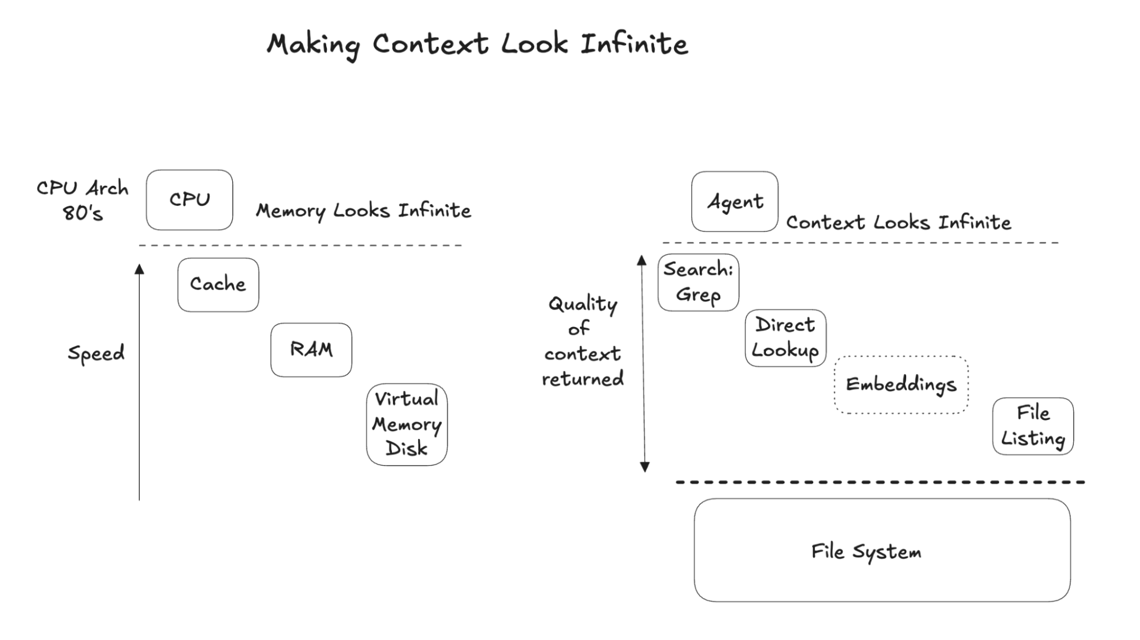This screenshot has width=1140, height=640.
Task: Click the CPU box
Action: point(189,200)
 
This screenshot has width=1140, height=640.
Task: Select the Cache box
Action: point(218,284)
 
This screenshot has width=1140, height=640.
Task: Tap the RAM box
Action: point(311,349)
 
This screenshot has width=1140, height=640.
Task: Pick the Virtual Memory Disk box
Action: point(407,424)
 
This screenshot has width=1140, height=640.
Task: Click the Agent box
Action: point(735,202)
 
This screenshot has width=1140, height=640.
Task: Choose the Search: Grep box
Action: point(698,282)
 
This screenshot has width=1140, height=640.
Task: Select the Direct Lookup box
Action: point(785,338)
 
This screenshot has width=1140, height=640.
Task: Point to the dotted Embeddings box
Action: point(901,385)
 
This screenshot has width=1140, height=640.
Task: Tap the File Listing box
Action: point(1033,426)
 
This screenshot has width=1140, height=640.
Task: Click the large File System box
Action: point(882,550)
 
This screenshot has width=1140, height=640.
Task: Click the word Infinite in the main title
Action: point(634,44)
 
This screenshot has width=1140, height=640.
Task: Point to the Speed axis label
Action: point(96,353)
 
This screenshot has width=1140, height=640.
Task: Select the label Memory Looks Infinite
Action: point(363,211)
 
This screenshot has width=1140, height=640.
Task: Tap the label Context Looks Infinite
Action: point(898,222)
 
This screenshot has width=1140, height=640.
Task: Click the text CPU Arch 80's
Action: point(83,200)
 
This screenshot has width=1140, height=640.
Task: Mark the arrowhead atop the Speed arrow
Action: point(139,269)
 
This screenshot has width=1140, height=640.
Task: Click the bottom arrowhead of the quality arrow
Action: point(645,467)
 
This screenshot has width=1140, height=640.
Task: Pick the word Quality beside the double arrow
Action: point(583,304)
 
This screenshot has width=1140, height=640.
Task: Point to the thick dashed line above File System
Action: point(880,482)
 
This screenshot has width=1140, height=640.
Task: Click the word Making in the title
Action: point(313,44)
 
